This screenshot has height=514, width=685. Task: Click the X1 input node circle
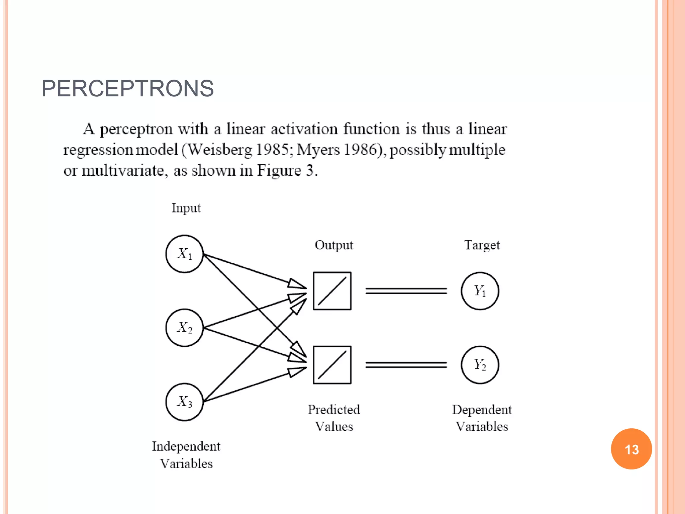pos(184,254)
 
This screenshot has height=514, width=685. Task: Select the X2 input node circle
pos(184,328)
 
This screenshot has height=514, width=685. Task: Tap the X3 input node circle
pos(184,402)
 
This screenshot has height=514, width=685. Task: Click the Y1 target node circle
pos(480,291)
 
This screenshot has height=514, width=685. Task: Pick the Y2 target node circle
pos(480,365)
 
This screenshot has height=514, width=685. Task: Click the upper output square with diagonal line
pos(332,291)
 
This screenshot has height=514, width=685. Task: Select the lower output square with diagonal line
pos(332,365)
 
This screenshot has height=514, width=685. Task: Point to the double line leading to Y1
pos(406,291)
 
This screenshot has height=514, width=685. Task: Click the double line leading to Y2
pos(406,365)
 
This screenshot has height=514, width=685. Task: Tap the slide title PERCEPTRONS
pos(127,89)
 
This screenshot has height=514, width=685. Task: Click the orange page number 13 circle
pos(631,449)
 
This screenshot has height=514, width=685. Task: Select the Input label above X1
pos(186,208)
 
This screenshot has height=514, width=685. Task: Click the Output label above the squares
pos(333,245)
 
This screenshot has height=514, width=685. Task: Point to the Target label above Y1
pos(482,245)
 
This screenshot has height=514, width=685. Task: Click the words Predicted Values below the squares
pos(333,418)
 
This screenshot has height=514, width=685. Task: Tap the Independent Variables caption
pos(186,455)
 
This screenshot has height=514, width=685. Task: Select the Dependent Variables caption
pos(482,418)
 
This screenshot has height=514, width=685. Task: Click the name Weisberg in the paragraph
pos(219,150)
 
